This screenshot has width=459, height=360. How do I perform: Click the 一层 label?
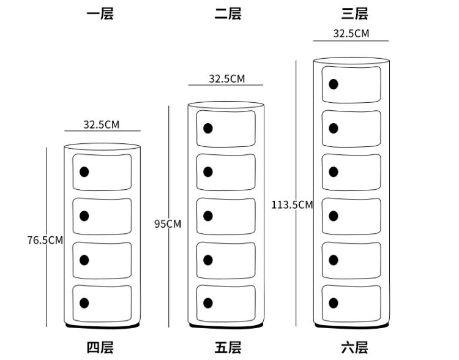(x=99, y=13)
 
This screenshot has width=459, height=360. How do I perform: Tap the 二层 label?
(x=228, y=13)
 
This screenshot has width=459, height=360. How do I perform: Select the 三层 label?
(x=354, y=13)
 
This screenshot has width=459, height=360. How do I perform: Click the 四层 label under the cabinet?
(x=99, y=348)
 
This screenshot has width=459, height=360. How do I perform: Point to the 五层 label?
(x=228, y=348)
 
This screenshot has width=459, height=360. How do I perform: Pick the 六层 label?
(x=354, y=348)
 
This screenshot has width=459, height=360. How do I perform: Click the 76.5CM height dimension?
(x=45, y=240)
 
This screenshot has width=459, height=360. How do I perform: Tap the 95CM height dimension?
(x=168, y=224)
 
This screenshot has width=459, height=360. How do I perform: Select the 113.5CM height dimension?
(x=293, y=204)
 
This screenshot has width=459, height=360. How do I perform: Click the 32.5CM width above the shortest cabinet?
(x=102, y=125)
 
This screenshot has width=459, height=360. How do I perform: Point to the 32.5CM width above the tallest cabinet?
(x=351, y=34)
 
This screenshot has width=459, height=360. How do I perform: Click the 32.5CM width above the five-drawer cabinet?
(x=226, y=79)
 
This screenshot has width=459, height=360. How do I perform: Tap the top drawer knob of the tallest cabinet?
(x=334, y=84)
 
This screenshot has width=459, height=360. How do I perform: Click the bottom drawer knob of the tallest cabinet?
(x=334, y=303)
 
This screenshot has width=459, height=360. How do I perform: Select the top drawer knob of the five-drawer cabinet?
(x=208, y=129)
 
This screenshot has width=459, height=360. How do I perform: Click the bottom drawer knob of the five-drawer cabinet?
(x=208, y=303)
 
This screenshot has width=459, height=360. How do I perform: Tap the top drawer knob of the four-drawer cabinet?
(x=84, y=172)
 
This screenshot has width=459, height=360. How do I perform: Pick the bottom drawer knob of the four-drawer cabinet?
(x=84, y=303)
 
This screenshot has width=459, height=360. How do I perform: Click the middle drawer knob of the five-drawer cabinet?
(x=208, y=216)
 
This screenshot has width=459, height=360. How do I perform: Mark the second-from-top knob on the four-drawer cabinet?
(x=84, y=216)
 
